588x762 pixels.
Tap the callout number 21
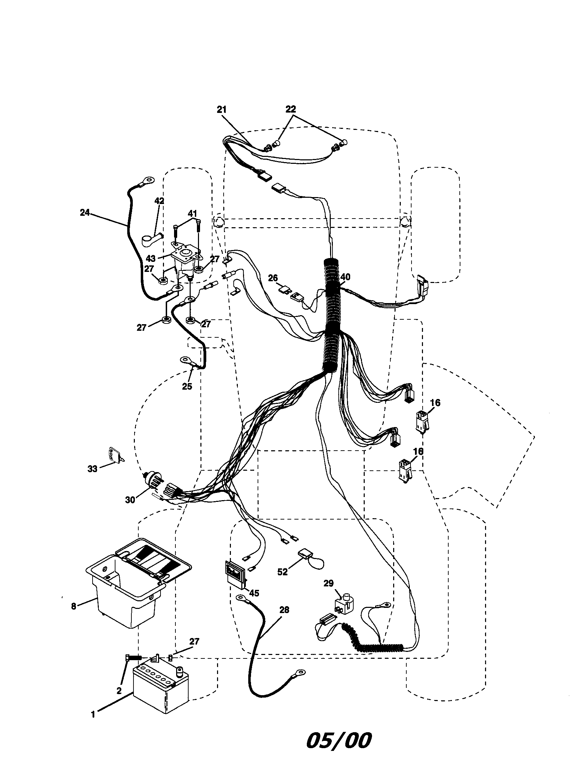click(x=222, y=109)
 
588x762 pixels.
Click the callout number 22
click(x=291, y=109)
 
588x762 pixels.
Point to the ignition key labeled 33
click(x=114, y=455)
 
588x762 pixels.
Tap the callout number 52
click(x=282, y=571)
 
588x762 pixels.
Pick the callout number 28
click(x=284, y=610)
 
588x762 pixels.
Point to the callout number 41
click(x=192, y=213)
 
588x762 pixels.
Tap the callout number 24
click(x=85, y=212)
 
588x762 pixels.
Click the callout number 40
click(x=345, y=277)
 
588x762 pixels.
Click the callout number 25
click(x=187, y=386)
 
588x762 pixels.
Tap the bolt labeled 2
click(x=132, y=657)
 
